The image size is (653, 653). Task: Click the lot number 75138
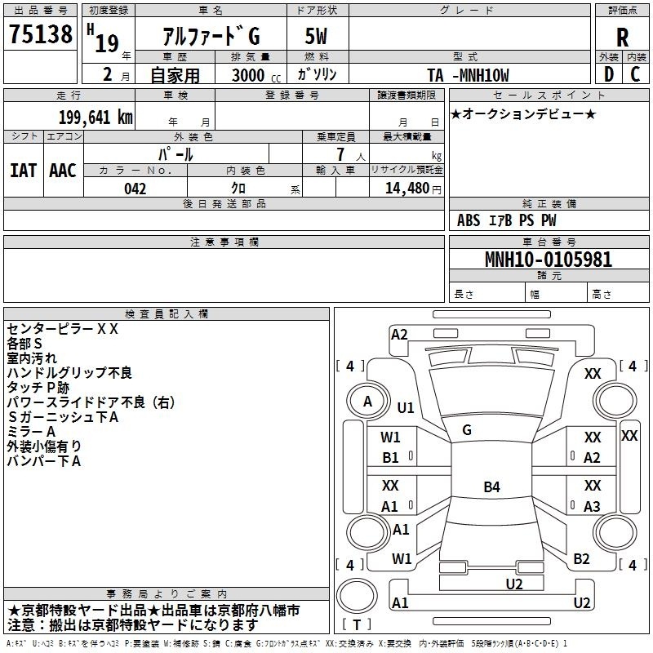coord(40,33)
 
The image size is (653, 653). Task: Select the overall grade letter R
coord(622,38)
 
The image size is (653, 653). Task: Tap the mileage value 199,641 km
coord(96,117)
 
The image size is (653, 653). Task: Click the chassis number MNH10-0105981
coord(549,259)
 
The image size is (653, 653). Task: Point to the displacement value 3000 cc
coord(256,75)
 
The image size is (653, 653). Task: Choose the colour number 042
coord(135,189)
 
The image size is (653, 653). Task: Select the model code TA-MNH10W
coord(468,75)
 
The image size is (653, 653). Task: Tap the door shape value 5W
coord(316,36)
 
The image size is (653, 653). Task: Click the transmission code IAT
coord(24,171)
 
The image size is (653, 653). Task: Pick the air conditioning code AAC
coord(63,171)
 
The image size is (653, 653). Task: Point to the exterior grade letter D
coord(609,74)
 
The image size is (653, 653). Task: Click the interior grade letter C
coord(635,74)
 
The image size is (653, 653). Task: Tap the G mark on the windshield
coord(467,430)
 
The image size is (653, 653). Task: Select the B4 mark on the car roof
coord(491,486)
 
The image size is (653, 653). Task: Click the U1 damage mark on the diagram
coord(405,407)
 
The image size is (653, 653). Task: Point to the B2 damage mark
coord(581,559)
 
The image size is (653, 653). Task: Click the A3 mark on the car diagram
coord(592,506)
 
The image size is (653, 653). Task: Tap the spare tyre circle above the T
coord(357,595)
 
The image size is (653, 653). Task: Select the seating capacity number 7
coord(340,154)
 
